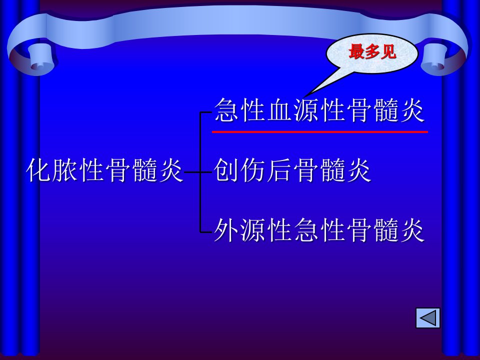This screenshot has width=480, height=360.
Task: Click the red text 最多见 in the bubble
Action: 372,51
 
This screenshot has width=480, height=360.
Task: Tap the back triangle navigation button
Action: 428,318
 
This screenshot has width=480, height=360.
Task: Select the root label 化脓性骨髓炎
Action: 105,170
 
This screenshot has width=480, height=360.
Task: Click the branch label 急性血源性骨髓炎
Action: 319,110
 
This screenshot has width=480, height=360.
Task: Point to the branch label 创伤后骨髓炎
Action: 292,170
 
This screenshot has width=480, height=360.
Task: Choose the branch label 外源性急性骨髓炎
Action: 319,230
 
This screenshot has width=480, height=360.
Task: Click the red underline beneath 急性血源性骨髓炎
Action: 320,132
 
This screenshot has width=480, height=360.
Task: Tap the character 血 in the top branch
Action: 279,110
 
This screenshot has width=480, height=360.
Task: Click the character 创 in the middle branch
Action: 226,170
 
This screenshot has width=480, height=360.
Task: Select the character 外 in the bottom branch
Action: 226,230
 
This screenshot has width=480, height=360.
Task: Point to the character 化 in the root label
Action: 38,170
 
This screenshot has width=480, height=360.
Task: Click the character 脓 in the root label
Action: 64,170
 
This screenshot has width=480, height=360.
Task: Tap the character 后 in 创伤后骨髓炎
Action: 279,170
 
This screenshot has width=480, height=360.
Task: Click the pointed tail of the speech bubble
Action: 305,96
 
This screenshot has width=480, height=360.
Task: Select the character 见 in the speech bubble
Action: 388,51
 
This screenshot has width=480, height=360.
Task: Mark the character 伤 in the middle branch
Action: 252,170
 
